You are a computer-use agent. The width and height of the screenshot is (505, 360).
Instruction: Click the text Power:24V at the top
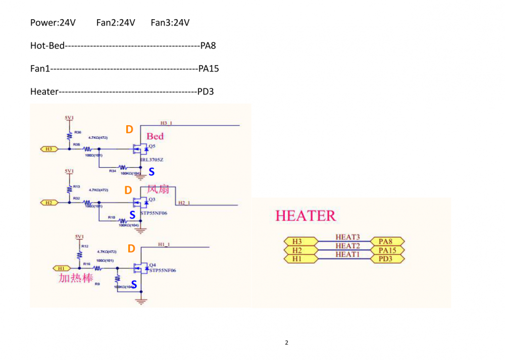click(53, 23)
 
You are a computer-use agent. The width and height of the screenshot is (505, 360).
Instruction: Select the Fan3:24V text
click(170, 23)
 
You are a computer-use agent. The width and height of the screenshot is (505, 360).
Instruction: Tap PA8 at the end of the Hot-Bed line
click(208, 46)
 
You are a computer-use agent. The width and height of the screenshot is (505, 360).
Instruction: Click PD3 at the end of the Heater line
click(206, 91)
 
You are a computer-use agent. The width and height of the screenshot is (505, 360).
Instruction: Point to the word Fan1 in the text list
click(40, 69)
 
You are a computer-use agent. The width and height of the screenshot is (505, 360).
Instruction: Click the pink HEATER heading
click(306, 216)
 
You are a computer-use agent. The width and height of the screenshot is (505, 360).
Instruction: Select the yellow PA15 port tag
click(388, 250)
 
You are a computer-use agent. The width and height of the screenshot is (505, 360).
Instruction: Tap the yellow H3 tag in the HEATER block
click(297, 241)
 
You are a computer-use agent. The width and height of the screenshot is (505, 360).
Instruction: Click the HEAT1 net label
click(347, 254)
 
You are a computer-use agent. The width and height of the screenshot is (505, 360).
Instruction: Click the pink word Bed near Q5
click(155, 136)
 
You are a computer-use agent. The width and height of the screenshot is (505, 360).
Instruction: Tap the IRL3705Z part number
click(152, 160)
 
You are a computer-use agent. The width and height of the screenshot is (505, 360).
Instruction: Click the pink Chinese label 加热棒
click(76, 278)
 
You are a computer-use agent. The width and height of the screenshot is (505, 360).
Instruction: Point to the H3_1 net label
click(166, 123)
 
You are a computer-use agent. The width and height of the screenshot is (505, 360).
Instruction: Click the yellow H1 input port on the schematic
click(62, 268)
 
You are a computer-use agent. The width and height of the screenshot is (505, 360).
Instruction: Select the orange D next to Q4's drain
click(131, 248)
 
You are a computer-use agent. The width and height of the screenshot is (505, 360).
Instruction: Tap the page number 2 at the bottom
click(286, 343)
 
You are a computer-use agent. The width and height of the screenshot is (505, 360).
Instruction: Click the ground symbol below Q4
click(141, 301)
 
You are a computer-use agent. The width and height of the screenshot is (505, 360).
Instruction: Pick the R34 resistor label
click(112, 171)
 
